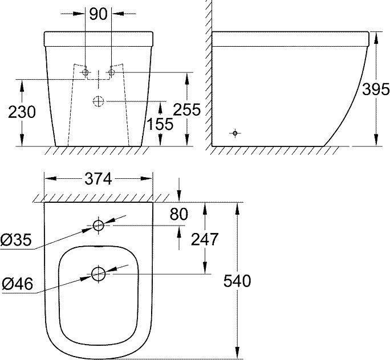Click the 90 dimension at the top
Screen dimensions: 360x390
point(99,14)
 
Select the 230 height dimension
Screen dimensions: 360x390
point(21,112)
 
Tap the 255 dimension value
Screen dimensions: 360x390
point(188,109)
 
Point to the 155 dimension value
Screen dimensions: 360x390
point(160,124)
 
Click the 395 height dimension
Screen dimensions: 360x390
point(376,89)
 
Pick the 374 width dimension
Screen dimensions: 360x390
point(99,178)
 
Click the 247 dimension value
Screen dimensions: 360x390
point(204,239)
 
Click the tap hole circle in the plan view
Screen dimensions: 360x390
point(99,226)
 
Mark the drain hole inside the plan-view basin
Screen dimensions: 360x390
point(99,275)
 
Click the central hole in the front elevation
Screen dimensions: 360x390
point(99,101)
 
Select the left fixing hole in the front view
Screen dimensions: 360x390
point(86,72)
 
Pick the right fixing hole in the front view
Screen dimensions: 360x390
point(112,72)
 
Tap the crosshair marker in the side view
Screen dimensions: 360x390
point(234,133)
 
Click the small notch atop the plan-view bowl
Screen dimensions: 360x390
point(99,249)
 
